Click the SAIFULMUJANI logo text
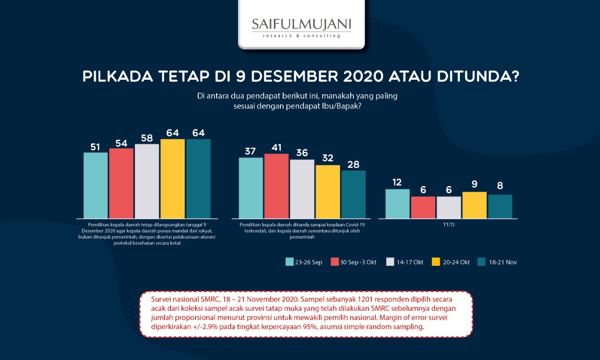click(x=301, y=24)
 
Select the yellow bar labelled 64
click(x=172, y=179)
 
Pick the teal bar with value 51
click(x=96, y=185)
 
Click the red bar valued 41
click(x=276, y=186)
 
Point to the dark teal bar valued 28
click(x=353, y=194)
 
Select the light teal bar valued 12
click(x=397, y=203)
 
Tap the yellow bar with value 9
click(x=474, y=205)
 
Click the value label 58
click(x=147, y=138)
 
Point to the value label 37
click(x=250, y=151)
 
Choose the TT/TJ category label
click(x=449, y=225)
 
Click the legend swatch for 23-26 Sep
click(x=290, y=262)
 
